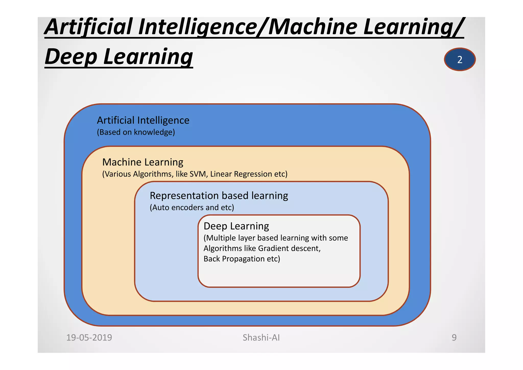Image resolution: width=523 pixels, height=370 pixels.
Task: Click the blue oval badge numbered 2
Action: pyautogui.click(x=460, y=59)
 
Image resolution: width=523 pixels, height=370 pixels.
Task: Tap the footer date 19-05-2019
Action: pyautogui.click(x=89, y=338)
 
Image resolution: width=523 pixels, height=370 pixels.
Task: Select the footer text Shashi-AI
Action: pyautogui.click(x=261, y=338)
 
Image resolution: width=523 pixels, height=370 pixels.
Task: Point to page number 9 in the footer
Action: pyautogui.click(x=454, y=338)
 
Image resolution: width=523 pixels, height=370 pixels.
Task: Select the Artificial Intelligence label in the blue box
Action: pyautogui.click(x=143, y=120)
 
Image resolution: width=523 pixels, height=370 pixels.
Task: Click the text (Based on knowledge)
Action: pyautogui.click(x=136, y=132)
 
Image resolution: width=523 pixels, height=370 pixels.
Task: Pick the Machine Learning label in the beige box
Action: pyautogui.click(x=143, y=162)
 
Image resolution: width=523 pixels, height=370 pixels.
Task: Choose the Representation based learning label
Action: pyautogui.click(x=219, y=196)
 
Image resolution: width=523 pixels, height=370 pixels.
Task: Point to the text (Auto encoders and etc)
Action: pyautogui.click(x=192, y=207)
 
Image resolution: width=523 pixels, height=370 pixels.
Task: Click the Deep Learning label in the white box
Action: pyautogui.click(x=236, y=226)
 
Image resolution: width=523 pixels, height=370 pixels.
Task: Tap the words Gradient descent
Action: pyautogui.click(x=289, y=248)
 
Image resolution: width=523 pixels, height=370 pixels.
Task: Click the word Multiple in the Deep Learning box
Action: pyautogui.click(x=221, y=238)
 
